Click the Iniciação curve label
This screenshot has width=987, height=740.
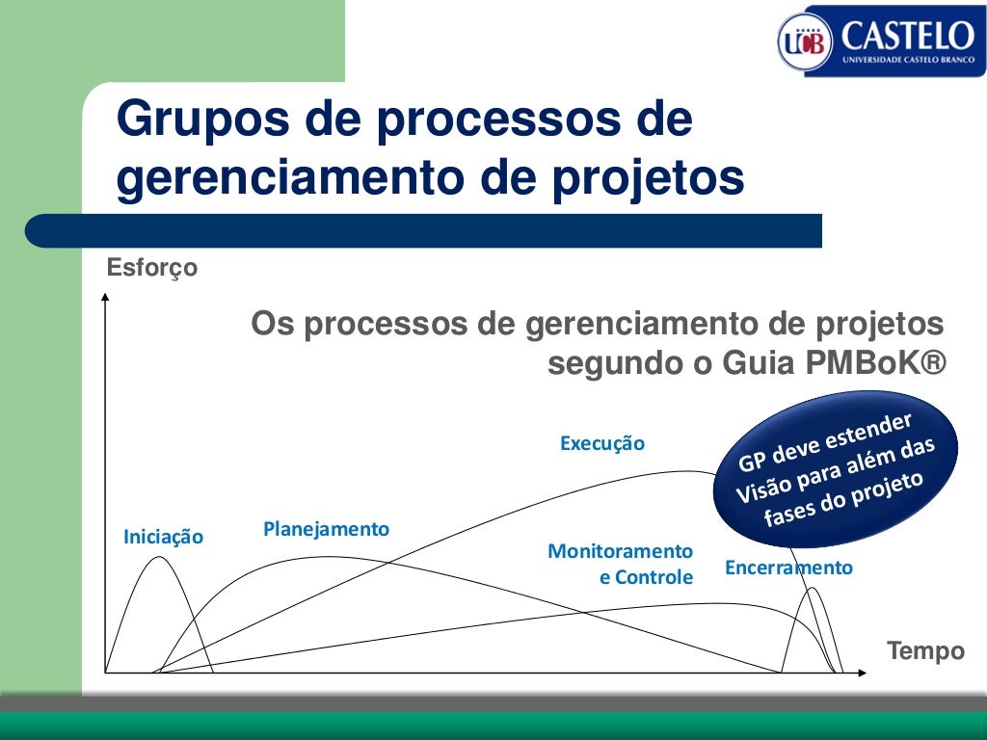tap(164, 538)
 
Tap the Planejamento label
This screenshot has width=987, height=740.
tap(326, 529)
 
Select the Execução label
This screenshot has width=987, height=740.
tap(601, 444)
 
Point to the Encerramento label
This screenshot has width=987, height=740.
tap(788, 568)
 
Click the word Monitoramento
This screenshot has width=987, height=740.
tap(620, 551)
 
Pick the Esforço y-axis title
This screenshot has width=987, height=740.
tap(152, 268)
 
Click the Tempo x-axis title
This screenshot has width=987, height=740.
tap(925, 651)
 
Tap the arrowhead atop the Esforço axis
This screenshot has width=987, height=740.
tap(105, 297)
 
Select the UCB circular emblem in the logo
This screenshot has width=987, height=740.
tap(803, 40)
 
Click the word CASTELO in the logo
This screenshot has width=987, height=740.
tap(907, 36)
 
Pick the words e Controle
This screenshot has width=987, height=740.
tap(646, 578)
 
